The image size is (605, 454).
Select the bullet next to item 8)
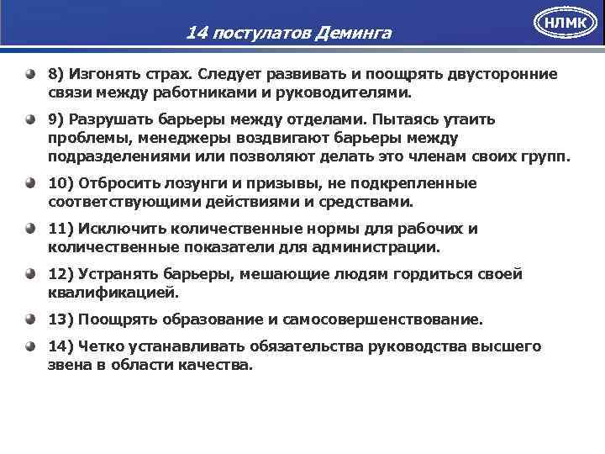click(30, 74)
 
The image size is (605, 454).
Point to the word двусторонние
click(495, 74)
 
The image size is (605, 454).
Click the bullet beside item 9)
click(30, 119)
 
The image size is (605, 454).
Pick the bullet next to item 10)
click(30, 183)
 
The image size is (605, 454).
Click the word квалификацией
click(113, 293)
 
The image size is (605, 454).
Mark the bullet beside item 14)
click(30, 346)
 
